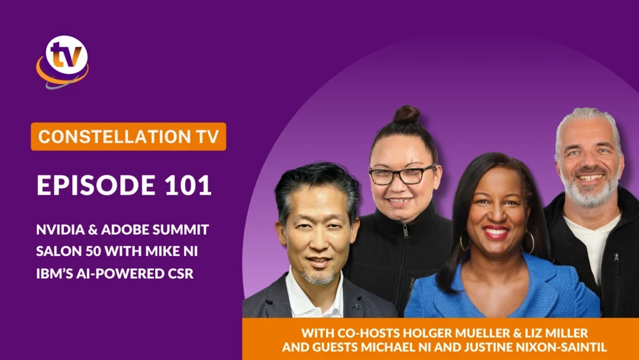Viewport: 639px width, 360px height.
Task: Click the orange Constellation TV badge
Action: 128,137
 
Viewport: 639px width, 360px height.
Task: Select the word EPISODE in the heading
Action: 96,185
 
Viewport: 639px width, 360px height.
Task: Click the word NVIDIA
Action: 60,230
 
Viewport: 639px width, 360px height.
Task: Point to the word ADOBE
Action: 125,230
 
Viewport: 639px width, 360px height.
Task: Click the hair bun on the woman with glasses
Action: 406,114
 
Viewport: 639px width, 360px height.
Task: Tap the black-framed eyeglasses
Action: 401,175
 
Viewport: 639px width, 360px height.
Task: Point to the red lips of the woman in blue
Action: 496,232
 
